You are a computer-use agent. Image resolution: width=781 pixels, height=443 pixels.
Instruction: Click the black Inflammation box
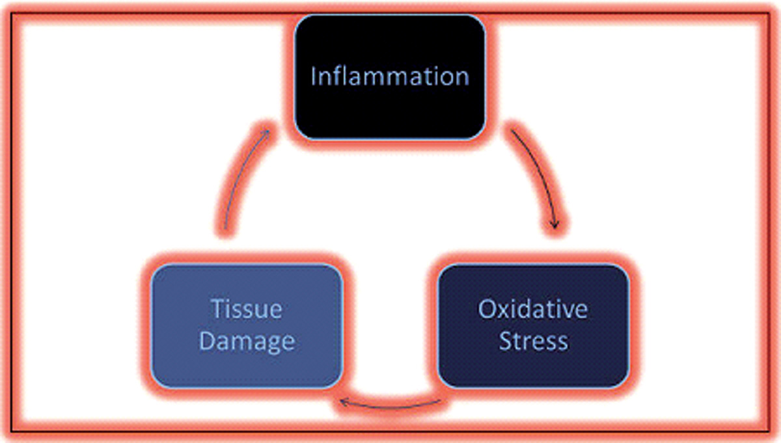(390, 77)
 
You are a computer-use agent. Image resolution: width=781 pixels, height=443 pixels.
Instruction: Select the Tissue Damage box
(247, 326)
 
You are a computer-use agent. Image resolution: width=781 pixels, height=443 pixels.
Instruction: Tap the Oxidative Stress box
(534, 326)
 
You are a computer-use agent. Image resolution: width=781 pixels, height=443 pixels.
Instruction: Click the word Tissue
(247, 309)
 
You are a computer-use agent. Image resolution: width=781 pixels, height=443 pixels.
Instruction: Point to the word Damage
(247, 342)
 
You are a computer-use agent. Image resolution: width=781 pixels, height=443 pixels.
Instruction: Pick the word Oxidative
(533, 309)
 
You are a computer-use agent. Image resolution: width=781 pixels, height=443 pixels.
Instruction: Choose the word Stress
(534, 340)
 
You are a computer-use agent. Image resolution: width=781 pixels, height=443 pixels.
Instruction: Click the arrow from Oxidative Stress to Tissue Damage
(390, 407)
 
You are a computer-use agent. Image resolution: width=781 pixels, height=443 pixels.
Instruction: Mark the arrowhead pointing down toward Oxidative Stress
(555, 225)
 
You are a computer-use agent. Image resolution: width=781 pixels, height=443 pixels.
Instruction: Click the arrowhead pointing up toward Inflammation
(266, 133)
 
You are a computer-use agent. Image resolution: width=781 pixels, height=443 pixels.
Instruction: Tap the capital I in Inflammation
(314, 76)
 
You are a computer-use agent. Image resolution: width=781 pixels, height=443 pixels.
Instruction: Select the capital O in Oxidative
(487, 309)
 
